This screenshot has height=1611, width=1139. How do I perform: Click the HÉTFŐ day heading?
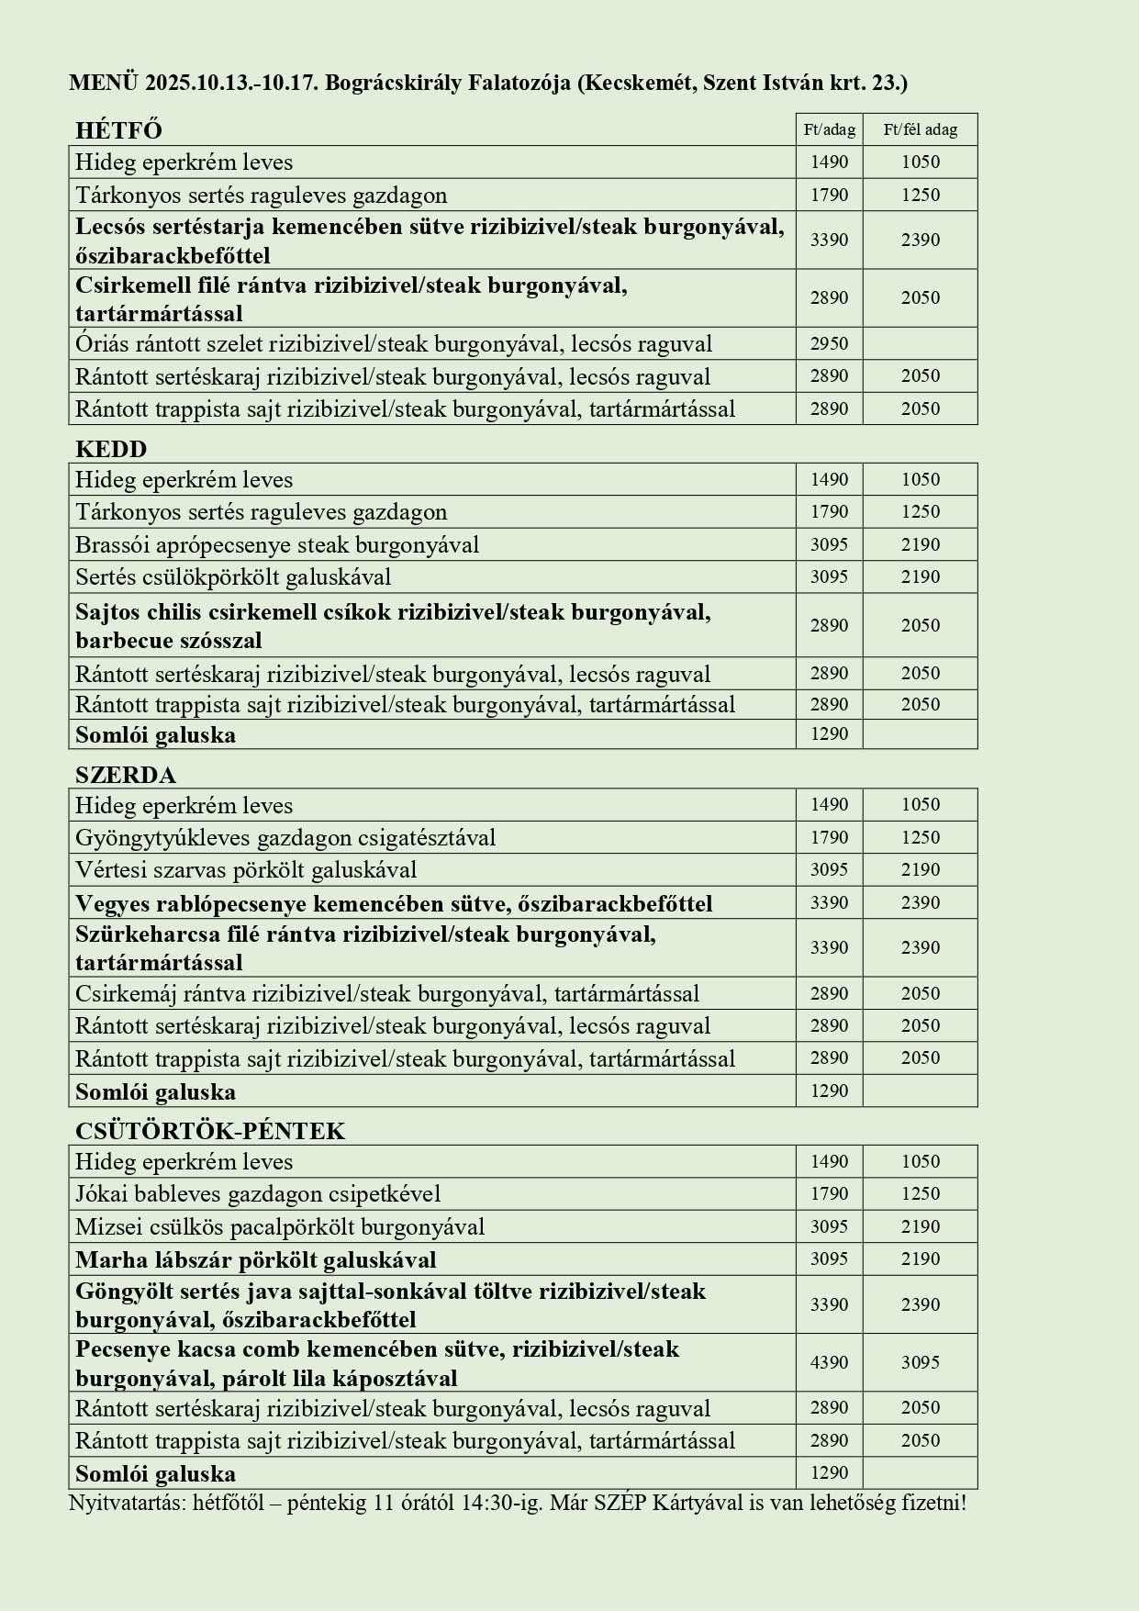click(x=118, y=130)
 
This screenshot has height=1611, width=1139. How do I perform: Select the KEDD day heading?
click(x=111, y=449)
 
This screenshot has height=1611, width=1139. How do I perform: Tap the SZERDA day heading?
click(x=126, y=775)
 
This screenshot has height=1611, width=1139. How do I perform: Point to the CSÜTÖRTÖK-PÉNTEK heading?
click(x=210, y=1131)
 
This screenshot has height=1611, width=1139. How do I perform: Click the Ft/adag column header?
click(x=829, y=130)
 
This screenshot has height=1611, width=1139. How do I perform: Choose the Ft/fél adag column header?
click(x=920, y=130)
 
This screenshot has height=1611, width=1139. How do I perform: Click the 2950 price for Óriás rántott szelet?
click(x=829, y=344)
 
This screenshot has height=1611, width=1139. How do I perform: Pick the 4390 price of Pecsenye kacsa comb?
click(x=829, y=1363)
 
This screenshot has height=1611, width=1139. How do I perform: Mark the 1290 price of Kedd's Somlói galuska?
click(x=829, y=734)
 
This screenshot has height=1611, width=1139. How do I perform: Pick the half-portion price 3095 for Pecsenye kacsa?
click(x=920, y=1363)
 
